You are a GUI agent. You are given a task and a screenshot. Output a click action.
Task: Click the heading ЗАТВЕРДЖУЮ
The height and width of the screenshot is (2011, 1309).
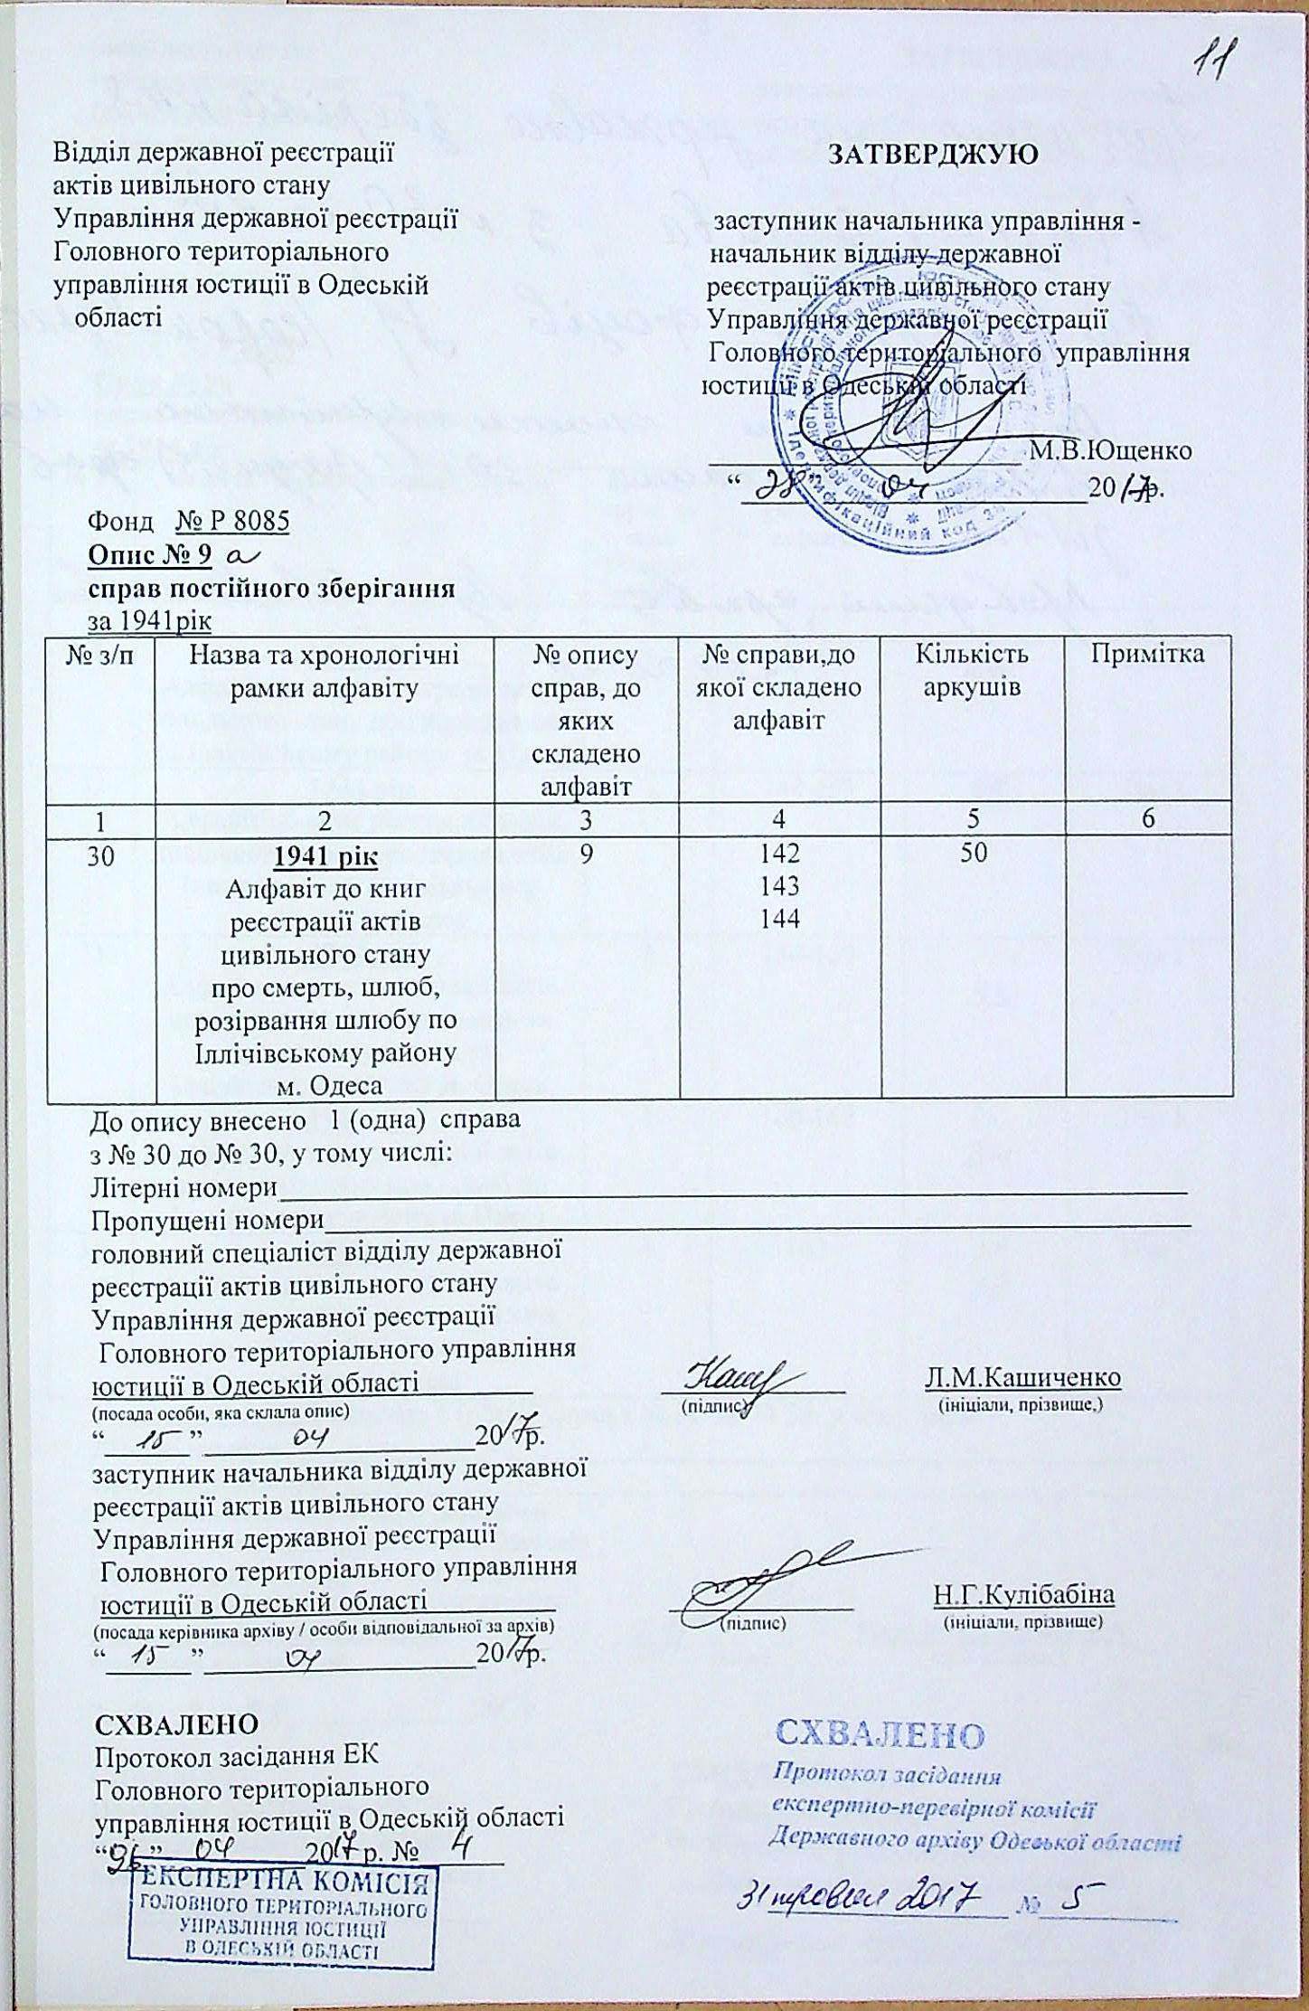click(934, 155)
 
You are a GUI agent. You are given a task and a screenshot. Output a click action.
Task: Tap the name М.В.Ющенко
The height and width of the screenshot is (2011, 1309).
click(1111, 449)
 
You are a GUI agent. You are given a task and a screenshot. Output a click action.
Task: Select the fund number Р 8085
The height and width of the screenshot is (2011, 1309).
click(232, 522)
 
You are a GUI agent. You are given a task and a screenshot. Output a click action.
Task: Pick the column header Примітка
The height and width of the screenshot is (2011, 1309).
click(1148, 655)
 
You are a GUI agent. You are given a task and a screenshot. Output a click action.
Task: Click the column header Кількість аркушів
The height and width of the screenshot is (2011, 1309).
click(972, 670)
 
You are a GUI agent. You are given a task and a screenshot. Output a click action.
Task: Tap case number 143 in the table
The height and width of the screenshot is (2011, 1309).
click(779, 885)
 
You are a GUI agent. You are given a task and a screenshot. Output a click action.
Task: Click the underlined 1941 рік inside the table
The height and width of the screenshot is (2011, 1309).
click(325, 855)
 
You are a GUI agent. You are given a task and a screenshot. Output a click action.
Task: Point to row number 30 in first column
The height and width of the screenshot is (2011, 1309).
click(100, 855)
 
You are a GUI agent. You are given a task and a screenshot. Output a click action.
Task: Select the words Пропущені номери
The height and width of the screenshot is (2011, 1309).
click(208, 1221)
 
